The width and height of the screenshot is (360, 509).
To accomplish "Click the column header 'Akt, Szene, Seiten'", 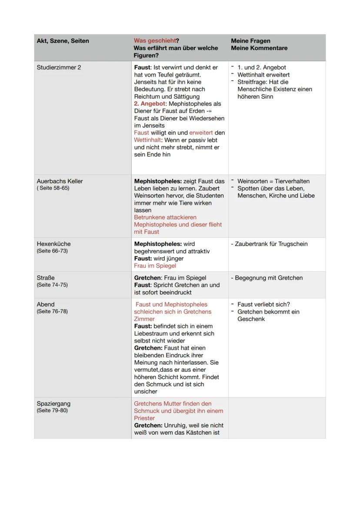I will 63,41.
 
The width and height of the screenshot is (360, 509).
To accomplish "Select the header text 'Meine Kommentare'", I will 259,48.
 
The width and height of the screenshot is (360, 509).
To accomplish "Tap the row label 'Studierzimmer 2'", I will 59,67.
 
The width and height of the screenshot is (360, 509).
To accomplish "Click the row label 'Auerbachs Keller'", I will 60,181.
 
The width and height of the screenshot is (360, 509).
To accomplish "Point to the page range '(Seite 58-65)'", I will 53,188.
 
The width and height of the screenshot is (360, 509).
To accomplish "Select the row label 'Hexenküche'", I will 53,244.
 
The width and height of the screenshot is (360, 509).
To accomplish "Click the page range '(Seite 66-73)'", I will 52,251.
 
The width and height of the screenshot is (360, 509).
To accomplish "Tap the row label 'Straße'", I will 46,278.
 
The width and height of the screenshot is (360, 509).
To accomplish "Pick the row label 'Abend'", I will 46,304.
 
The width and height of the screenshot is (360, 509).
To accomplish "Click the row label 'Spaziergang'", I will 53,403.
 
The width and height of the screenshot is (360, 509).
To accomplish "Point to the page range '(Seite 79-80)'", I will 52,410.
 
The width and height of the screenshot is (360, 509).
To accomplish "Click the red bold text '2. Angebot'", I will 150,104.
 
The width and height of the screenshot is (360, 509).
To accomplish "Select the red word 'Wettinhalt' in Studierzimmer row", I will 147,140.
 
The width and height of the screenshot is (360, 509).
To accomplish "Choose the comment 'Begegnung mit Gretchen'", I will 269,278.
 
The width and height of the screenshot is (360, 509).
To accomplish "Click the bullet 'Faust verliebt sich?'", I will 263,304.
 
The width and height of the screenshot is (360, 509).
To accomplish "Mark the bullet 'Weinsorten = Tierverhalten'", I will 273,181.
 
